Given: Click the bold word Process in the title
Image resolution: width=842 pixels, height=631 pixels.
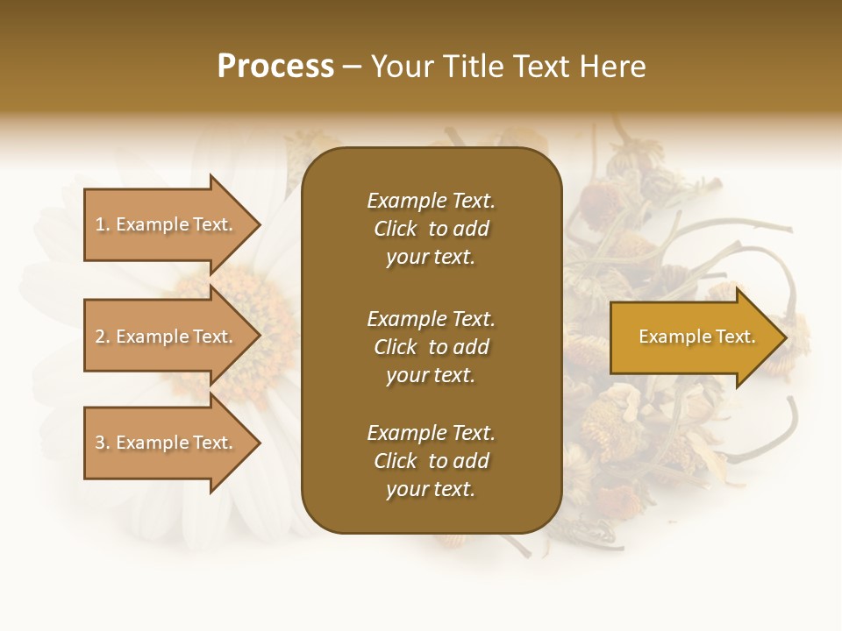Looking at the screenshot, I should click(x=275, y=67).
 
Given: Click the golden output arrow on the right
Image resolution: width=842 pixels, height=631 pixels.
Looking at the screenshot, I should click(x=693, y=337).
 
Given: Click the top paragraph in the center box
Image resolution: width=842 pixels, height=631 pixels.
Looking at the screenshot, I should click(x=431, y=229).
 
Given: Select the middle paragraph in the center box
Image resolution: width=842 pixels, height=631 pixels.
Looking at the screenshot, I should click(x=431, y=347).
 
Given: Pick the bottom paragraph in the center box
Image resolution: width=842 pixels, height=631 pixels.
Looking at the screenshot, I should click(x=431, y=461).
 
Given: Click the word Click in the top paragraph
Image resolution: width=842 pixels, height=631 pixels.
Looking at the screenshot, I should click(x=396, y=229).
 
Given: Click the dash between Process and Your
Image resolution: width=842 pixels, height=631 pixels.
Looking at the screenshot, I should click(x=352, y=67).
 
